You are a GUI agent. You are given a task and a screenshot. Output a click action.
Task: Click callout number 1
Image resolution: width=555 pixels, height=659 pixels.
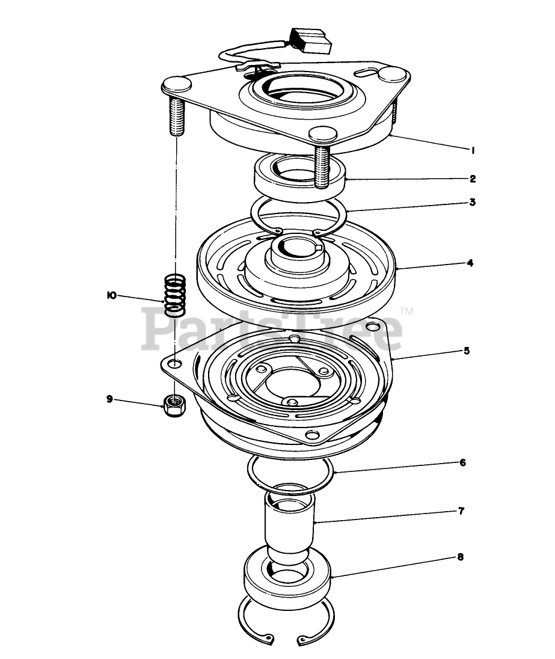click(473, 150)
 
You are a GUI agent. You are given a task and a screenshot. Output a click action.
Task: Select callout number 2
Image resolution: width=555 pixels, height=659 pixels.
click(473, 179)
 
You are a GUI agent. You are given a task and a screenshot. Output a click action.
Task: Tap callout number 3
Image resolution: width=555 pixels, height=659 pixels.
click(472, 202)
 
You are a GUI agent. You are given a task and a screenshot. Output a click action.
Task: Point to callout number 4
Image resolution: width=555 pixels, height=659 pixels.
click(470, 263)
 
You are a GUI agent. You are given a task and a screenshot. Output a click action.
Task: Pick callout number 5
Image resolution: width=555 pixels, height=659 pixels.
click(467, 351)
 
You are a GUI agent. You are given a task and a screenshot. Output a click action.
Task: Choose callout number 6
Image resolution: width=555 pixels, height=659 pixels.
click(462, 463)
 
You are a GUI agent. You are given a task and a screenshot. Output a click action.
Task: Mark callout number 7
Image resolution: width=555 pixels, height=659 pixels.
click(461, 511)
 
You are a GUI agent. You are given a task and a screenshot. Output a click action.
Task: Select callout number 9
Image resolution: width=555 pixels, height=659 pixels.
click(109, 399)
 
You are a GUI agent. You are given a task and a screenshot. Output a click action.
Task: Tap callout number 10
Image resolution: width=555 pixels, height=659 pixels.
click(111, 295)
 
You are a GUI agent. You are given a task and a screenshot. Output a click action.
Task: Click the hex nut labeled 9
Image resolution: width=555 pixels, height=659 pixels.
click(174, 406)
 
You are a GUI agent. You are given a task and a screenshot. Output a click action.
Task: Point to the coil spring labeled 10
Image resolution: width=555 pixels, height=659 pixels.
click(175, 295)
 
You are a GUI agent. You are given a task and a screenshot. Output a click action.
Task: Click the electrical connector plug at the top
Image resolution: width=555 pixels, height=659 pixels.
click(310, 40)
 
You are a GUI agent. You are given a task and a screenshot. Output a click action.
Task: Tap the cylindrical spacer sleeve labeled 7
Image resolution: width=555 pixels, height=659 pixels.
click(289, 523)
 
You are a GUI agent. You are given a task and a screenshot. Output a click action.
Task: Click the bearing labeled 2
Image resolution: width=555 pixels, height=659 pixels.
click(300, 177)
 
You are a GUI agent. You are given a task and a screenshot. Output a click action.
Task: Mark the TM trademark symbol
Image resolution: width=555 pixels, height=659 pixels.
click(406, 311)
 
